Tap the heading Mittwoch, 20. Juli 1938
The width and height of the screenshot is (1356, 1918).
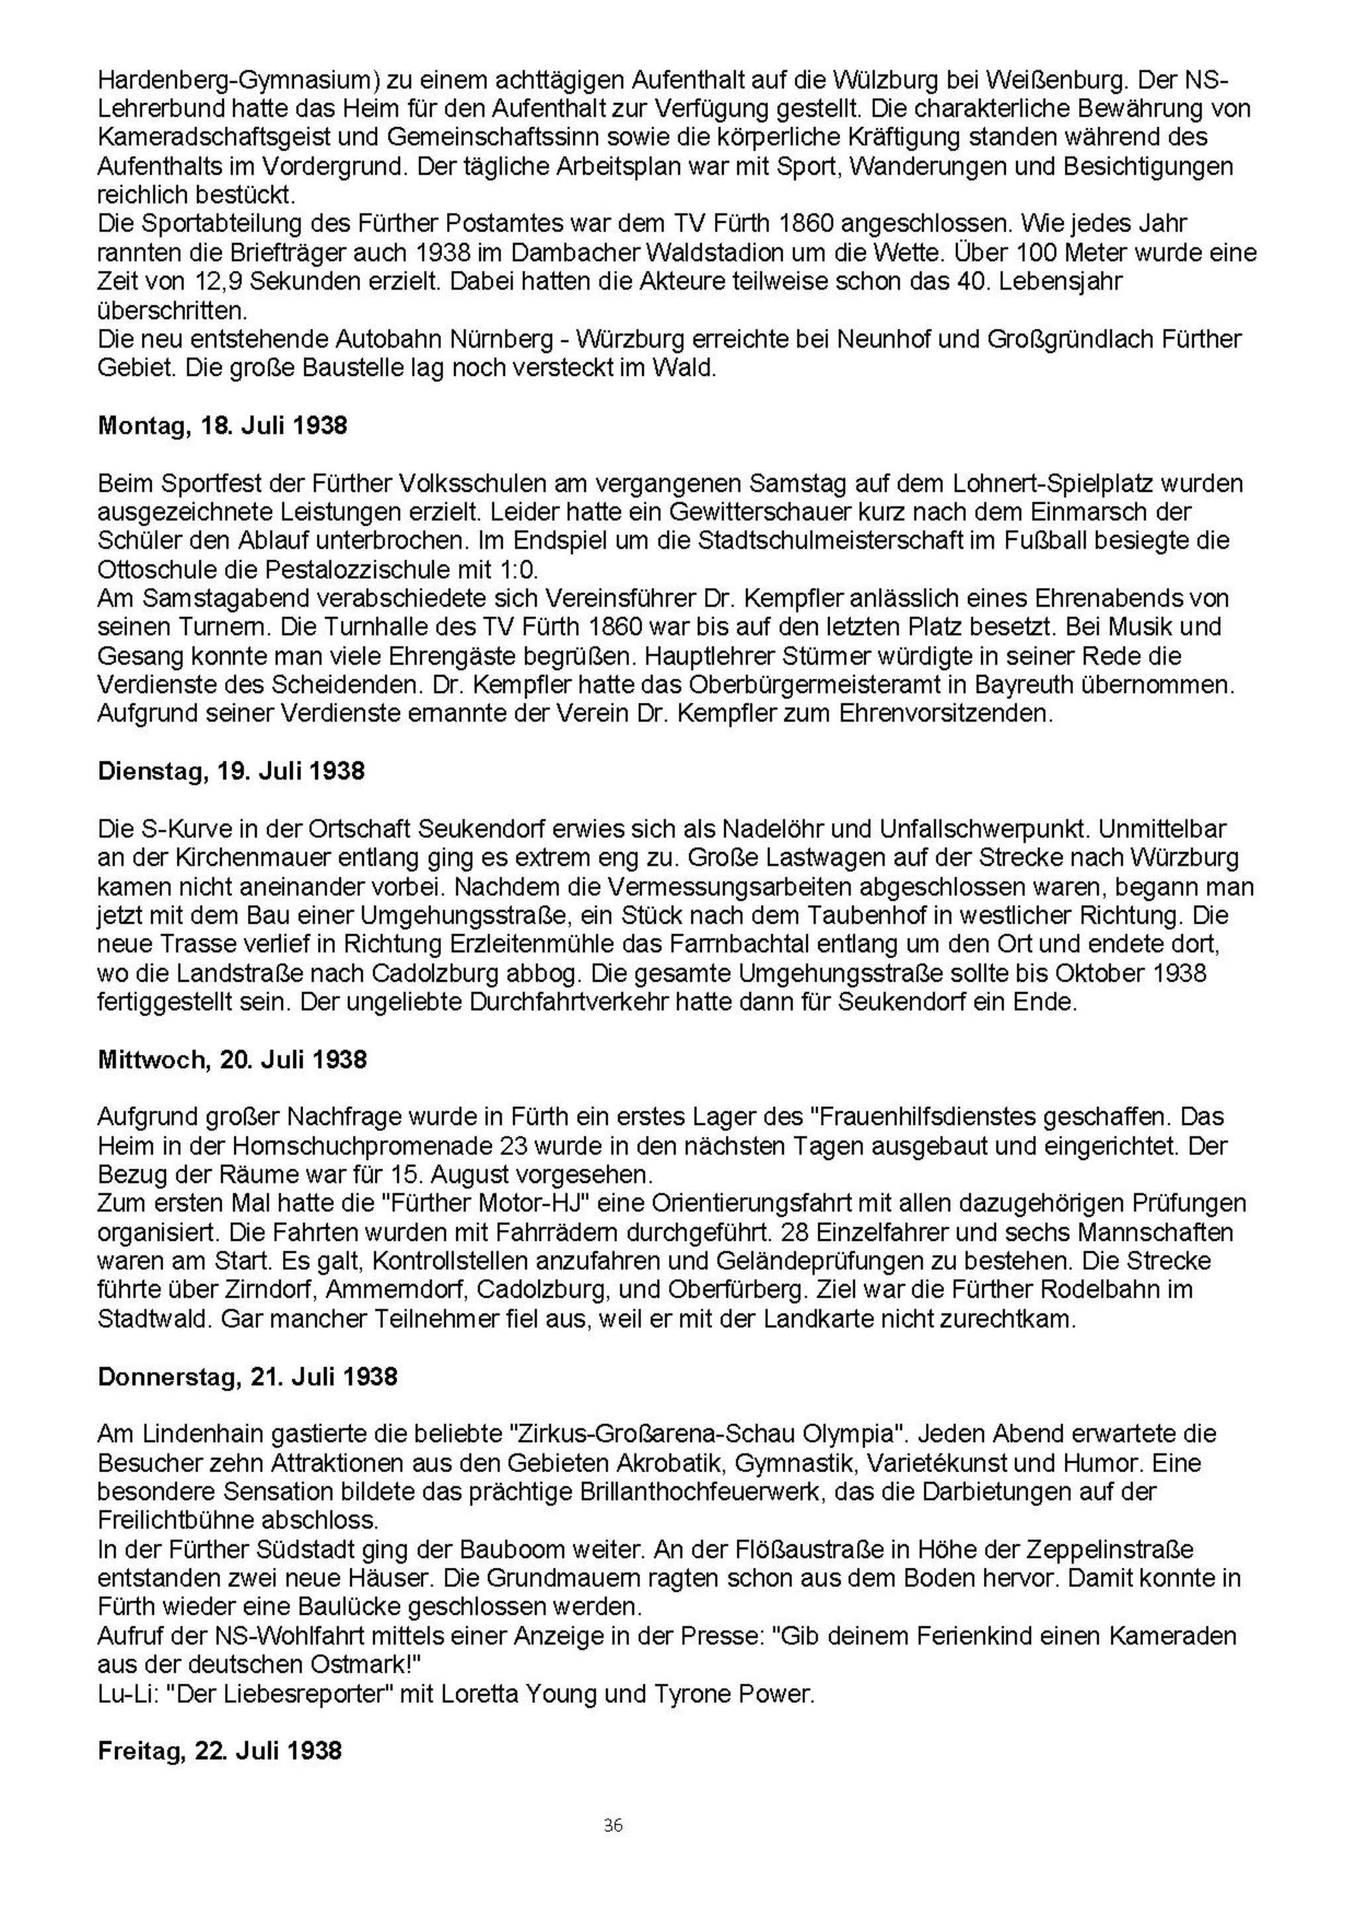pos(232,1060)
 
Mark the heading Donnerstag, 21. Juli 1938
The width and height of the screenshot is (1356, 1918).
pos(248,1376)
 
